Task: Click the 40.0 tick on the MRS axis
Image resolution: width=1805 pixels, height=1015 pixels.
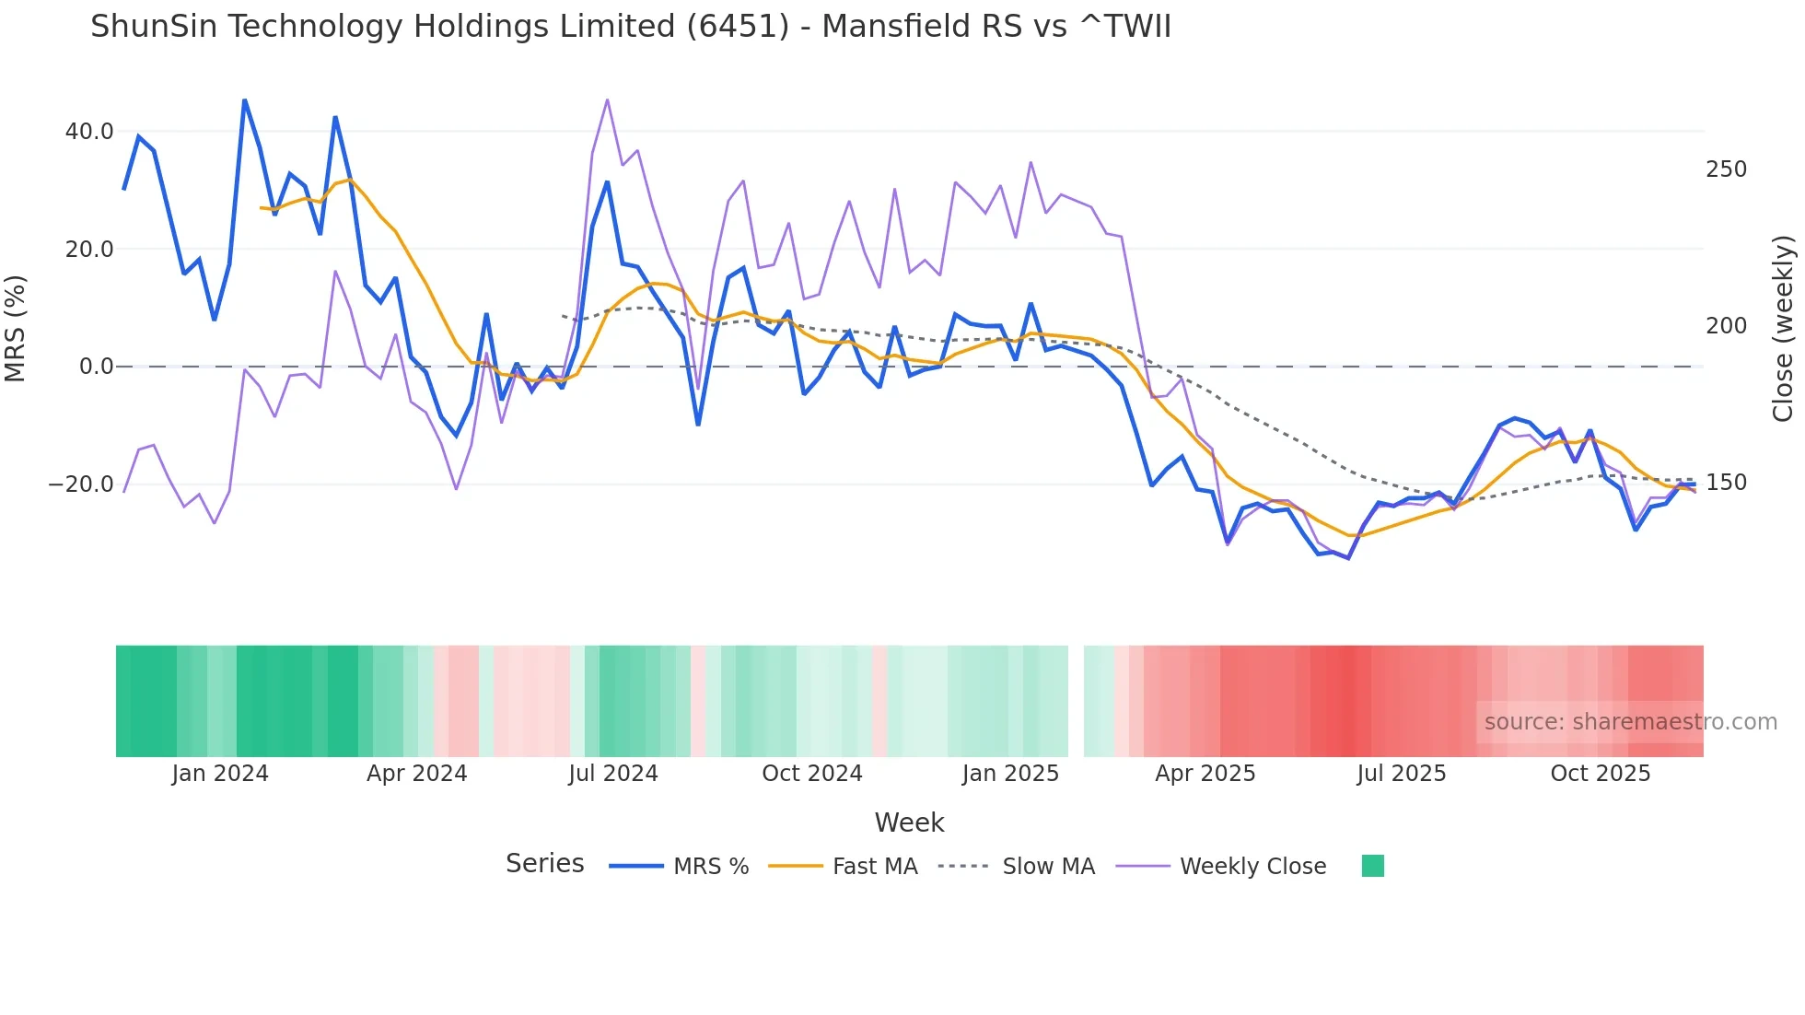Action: [88, 132]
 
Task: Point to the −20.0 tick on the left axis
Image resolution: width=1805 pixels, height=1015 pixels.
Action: [81, 484]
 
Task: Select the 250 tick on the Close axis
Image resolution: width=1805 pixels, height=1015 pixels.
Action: [1726, 169]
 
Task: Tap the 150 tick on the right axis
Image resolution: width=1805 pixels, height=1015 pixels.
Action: [1726, 483]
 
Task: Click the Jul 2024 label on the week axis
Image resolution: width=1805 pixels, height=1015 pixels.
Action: [612, 774]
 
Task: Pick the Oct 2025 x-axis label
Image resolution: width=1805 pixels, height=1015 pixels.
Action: [1600, 774]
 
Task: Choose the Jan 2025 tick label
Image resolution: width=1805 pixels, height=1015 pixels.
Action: [1010, 774]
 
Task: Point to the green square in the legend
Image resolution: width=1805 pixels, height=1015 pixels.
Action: [1372, 866]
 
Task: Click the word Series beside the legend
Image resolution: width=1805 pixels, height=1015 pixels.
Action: [544, 864]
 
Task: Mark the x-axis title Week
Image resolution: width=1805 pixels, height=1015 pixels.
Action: [909, 822]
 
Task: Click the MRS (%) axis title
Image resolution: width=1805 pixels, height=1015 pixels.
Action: [16, 328]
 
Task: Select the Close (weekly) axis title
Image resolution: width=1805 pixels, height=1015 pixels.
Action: [1783, 328]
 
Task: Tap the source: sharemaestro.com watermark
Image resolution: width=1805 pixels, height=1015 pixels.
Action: [1630, 722]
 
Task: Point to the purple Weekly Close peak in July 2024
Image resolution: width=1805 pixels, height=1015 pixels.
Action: [607, 99]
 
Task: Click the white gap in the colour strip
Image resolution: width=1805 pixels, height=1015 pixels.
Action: [1076, 701]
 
